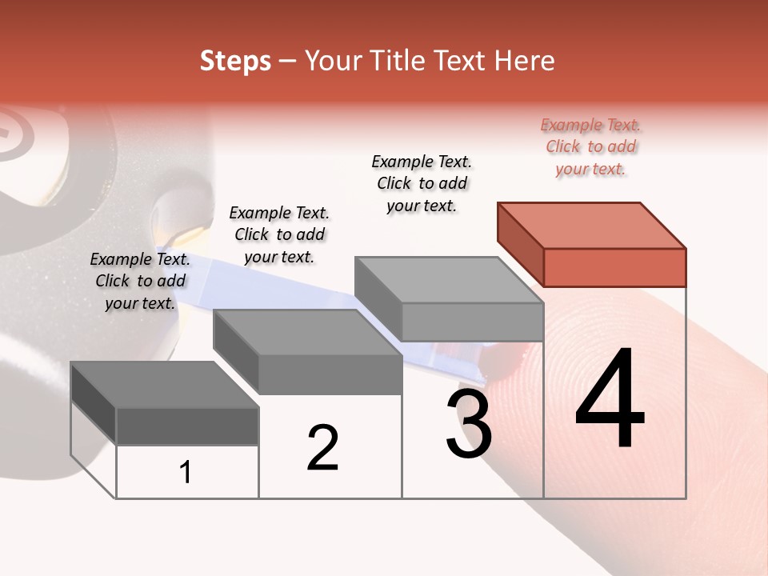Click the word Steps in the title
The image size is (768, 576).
tap(235, 61)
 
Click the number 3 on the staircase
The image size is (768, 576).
tap(469, 425)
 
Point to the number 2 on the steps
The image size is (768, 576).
tap(322, 448)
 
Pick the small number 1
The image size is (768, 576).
tap(186, 472)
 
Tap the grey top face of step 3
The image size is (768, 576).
tap(449, 280)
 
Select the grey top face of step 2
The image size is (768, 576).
tap(307, 332)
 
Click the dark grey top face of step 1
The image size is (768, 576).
tap(165, 385)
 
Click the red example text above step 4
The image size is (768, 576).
tap(590, 146)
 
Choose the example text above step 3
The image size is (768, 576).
tap(422, 183)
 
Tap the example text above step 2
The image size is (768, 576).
tap(279, 234)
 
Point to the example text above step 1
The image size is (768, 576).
tap(140, 281)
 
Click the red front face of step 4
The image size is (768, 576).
tap(614, 267)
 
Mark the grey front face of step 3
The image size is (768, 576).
tap(472, 322)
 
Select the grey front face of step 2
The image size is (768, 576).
tap(330, 374)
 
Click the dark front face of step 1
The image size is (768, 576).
tap(187, 426)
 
